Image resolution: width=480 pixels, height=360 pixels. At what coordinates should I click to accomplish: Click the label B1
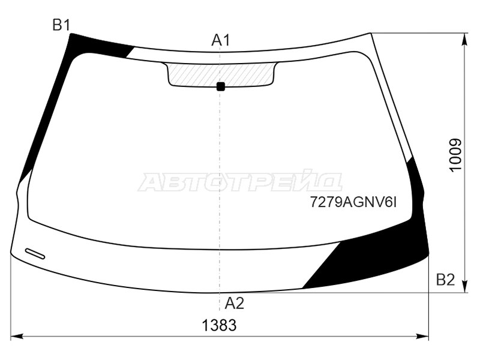(x=62, y=25)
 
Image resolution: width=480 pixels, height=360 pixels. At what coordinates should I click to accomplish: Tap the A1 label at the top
(x=221, y=40)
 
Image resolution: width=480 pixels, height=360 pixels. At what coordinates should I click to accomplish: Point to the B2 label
(x=445, y=280)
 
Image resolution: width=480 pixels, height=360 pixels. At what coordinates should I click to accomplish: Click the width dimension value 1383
(x=219, y=326)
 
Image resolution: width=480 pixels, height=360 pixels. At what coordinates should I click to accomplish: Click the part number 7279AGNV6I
(x=353, y=203)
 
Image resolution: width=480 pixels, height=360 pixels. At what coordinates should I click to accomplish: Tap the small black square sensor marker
(x=220, y=86)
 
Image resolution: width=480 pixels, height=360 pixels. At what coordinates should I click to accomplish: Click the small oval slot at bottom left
(x=35, y=253)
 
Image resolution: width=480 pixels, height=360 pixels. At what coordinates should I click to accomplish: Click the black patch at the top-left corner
(x=96, y=46)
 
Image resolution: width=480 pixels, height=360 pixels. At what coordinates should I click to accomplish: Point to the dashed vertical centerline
(x=220, y=150)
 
